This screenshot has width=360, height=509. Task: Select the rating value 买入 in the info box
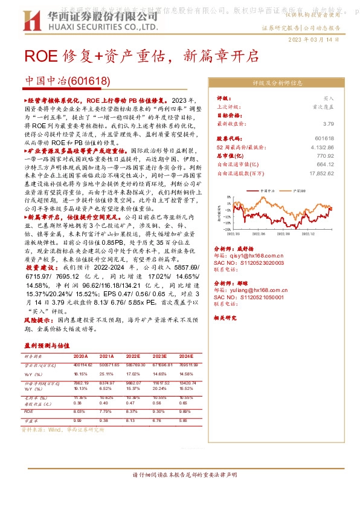coord(329,97)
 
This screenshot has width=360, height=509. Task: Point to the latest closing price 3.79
coord(329,123)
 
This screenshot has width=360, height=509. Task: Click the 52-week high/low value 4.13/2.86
coord(323,146)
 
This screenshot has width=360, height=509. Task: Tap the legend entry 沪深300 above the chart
coord(298,190)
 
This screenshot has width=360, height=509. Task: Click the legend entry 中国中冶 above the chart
coord(268,190)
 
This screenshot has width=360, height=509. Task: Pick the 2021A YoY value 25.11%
coord(106,374)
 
